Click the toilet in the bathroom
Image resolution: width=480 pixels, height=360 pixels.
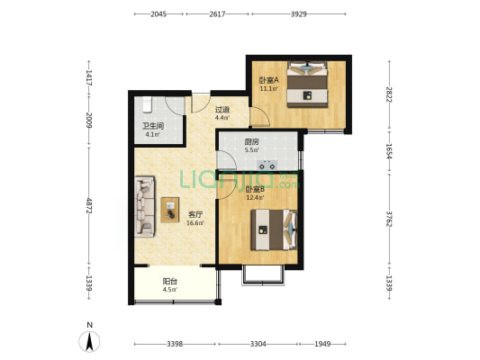(x=148, y=104)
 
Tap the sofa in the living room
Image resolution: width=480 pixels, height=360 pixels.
(x=145, y=206)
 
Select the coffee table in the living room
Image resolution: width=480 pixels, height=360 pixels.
(x=170, y=210)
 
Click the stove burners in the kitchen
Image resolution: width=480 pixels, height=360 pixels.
(x=267, y=166)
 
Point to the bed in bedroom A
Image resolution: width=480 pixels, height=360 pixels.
(x=307, y=84)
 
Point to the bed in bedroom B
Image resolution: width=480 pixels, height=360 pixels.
(x=274, y=229)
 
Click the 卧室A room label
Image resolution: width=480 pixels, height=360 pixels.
(x=269, y=80)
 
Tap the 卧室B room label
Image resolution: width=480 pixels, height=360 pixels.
(x=255, y=189)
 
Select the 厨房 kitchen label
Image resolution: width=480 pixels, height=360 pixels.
(x=251, y=142)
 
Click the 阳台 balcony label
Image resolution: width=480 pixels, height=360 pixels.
(x=170, y=281)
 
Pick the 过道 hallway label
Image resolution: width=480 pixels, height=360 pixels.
(x=222, y=109)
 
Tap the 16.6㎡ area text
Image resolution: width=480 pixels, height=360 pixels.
(x=195, y=223)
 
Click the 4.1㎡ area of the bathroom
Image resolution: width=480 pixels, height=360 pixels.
(x=152, y=135)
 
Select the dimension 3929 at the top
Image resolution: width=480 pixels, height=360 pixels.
(x=298, y=14)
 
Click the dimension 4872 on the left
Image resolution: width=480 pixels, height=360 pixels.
(x=89, y=205)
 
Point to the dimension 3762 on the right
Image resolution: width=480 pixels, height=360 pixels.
(x=389, y=219)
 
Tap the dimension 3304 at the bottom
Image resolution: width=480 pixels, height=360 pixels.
(x=258, y=344)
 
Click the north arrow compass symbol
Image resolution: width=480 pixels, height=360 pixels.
(x=89, y=342)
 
